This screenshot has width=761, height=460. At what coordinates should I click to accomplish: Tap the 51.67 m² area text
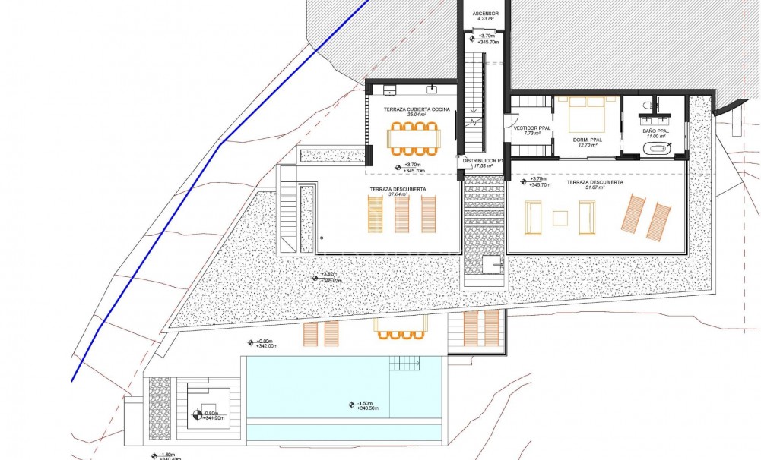596,190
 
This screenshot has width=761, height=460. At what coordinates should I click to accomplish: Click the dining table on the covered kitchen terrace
414,137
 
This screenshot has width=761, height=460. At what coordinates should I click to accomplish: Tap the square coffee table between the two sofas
560,218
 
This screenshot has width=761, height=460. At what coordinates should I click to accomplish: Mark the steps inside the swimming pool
405,364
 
